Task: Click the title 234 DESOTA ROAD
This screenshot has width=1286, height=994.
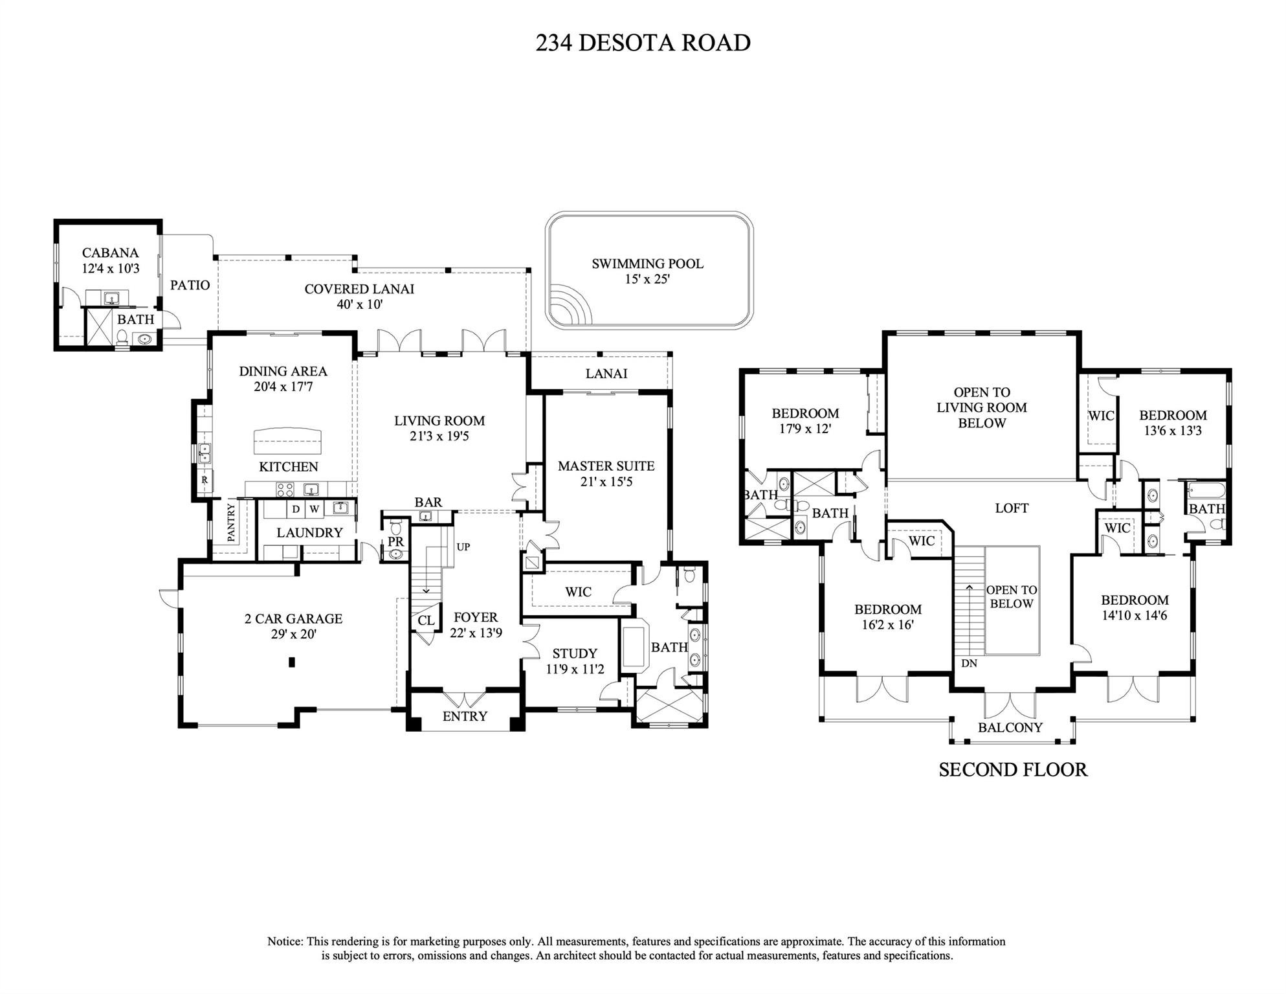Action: tap(643, 43)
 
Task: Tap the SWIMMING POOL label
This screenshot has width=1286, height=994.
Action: tap(647, 264)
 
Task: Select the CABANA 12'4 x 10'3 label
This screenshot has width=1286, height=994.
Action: tap(110, 260)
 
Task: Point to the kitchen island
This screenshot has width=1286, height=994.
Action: tap(288, 442)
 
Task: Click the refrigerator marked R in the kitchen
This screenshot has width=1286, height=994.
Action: tap(205, 480)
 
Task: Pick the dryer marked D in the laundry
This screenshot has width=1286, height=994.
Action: tap(296, 509)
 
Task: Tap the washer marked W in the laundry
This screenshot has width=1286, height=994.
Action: tap(314, 509)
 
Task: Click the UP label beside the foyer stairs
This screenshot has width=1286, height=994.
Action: tap(463, 547)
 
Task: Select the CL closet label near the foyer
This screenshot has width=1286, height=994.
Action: tap(426, 620)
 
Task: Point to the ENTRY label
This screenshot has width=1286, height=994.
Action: tap(465, 716)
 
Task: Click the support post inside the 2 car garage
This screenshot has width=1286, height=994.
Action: tap(292, 662)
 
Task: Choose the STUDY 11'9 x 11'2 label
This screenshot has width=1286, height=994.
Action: tap(575, 661)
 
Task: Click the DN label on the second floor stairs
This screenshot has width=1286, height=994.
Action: tap(969, 664)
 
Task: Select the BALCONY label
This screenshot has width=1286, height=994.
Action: tap(1010, 728)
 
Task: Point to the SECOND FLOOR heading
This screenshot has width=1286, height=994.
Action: tap(1013, 770)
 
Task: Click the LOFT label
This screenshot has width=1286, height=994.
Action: tap(1012, 508)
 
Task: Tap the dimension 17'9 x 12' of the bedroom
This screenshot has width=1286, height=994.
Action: tap(805, 429)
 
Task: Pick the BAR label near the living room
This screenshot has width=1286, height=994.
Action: tap(428, 503)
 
